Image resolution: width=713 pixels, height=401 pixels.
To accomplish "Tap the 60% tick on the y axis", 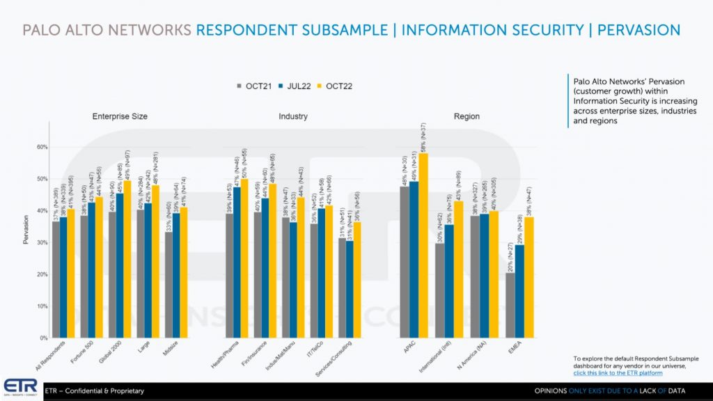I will (41, 147).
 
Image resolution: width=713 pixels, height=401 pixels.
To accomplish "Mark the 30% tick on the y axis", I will (41, 242).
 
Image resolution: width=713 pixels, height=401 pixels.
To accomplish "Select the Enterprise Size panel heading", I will (120, 116).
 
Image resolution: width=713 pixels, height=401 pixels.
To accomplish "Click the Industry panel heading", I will (293, 116).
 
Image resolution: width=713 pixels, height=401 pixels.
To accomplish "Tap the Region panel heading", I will (467, 116).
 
